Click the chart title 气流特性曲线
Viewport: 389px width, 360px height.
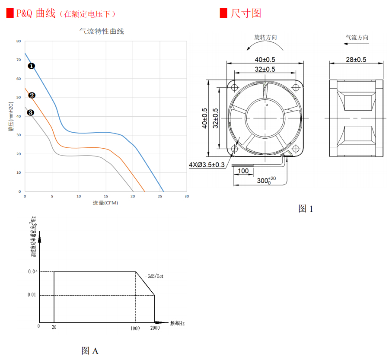(102, 32)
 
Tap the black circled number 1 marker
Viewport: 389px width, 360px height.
(31, 66)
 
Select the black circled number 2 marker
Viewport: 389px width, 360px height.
(32, 96)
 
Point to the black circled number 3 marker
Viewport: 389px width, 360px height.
(30, 113)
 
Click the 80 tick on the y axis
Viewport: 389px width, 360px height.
(18, 41)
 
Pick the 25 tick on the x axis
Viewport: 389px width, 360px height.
(160, 196)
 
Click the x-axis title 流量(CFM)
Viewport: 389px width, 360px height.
(105, 203)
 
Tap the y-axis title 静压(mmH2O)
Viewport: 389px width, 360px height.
(11, 116)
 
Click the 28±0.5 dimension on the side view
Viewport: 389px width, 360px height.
(357, 60)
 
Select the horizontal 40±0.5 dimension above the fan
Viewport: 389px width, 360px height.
(265, 60)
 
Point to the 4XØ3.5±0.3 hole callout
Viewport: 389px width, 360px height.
(207, 165)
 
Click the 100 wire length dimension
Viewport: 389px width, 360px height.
(243, 171)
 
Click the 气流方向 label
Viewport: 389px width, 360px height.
(357, 38)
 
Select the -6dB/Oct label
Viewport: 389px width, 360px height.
(154, 276)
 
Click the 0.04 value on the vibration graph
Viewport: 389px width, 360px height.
(33, 271)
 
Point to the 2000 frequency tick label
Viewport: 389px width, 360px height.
(155, 328)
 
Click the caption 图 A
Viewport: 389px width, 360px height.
(90, 350)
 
